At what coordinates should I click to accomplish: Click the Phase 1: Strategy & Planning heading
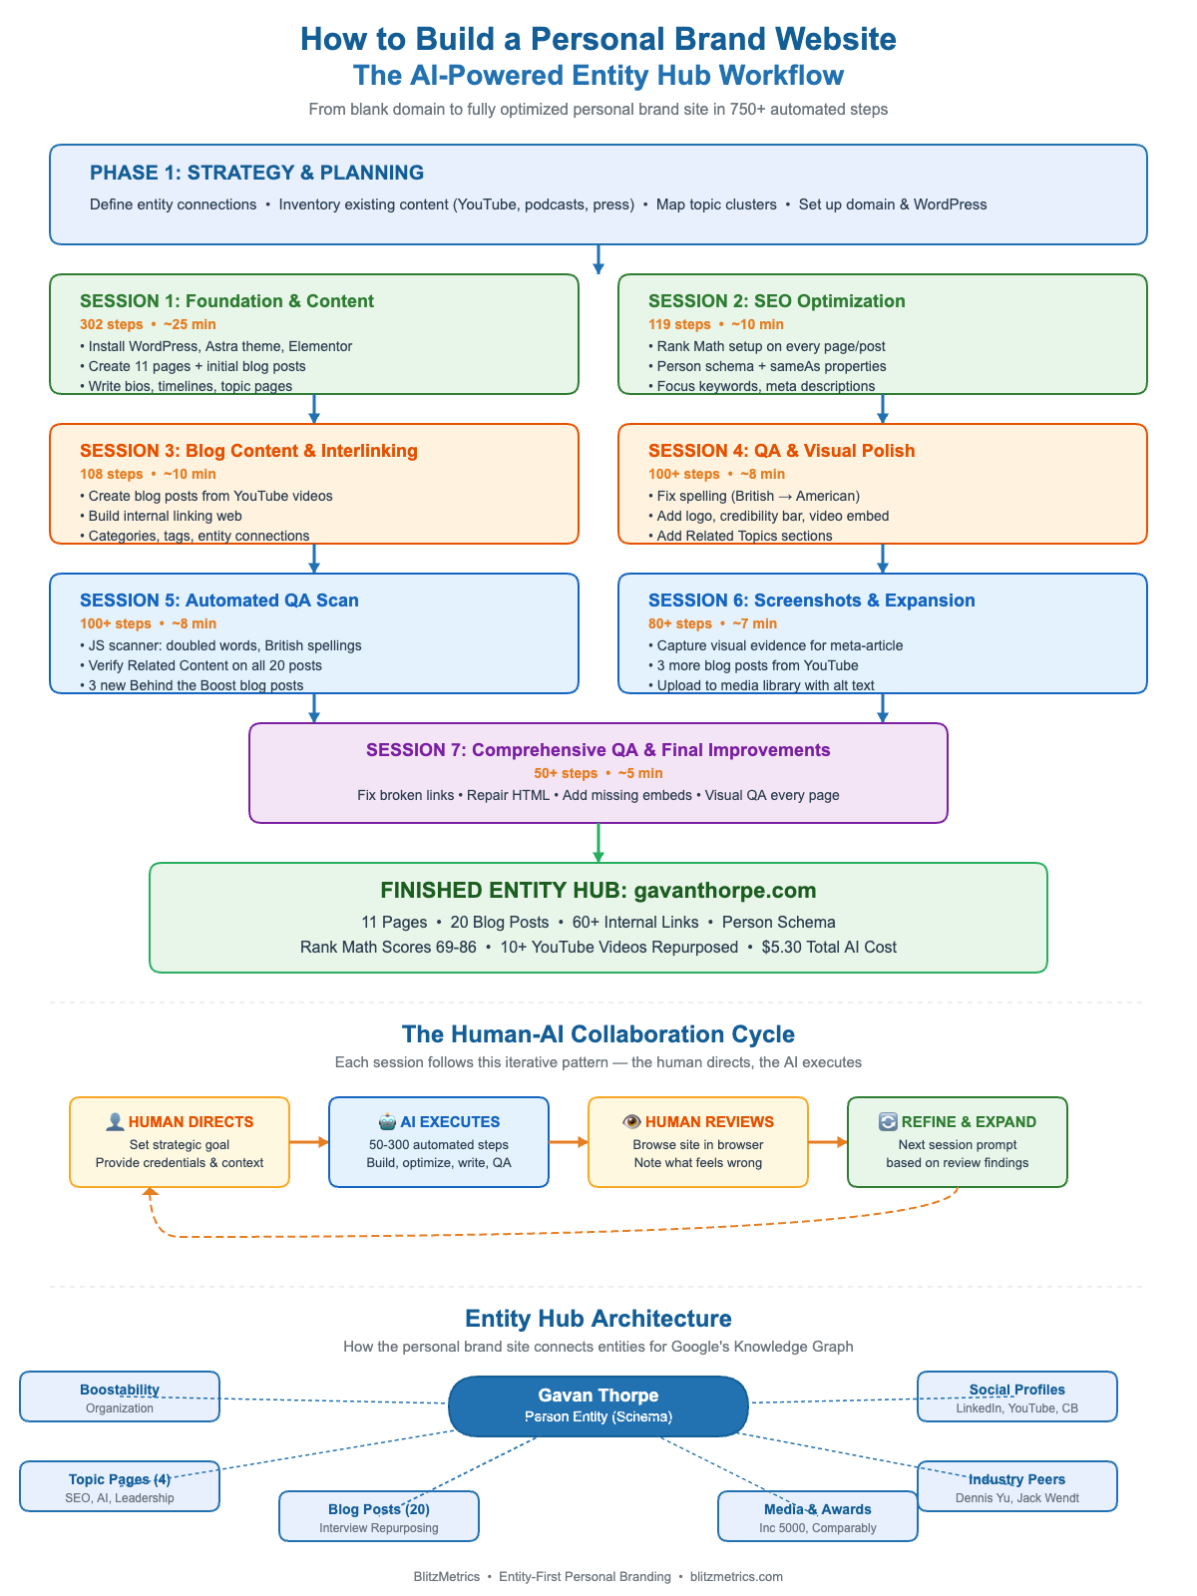pyautogui.click(x=256, y=173)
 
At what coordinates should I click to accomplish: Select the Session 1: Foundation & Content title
pyautogui.click(x=226, y=301)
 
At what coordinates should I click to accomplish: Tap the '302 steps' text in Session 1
pyautogui.click(x=111, y=324)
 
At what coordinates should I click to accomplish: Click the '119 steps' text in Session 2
pyautogui.click(x=679, y=324)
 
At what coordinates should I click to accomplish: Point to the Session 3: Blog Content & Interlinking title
pyautogui.click(x=248, y=451)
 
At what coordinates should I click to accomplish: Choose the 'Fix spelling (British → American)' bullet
pyautogui.click(x=757, y=496)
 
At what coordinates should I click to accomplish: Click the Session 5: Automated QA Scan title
pyautogui.click(x=218, y=600)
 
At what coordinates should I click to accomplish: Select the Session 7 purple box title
pyautogui.click(x=598, y=750)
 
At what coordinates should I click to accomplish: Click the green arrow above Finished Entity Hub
pyautogui.click(x=598, y=843)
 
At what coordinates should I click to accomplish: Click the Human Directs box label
pyautogui.click(x=191, y=1122)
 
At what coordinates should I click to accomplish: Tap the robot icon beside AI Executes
pyautogui.click(x=387, y=1121)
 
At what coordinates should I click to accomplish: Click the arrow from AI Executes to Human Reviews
pyautogui.click(x=569, y=1142)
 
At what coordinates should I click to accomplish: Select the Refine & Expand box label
pyautogui.click(x=968, y=1122)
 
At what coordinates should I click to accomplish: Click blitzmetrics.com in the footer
pyautogui.click(x=736, y=1577)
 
